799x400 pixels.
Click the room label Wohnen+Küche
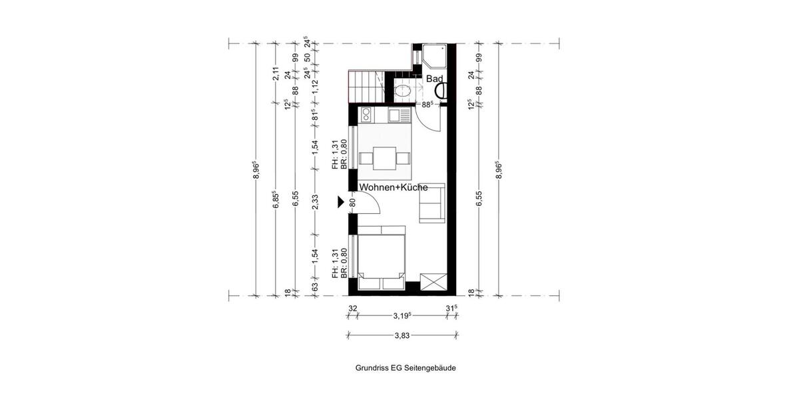[x=393, y=189]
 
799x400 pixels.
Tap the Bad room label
[x=435, y=79]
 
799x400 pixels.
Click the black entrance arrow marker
[x=342, y=202]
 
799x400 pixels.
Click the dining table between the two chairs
[x=383, y=158]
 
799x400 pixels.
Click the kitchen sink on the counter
[x=367, y=116]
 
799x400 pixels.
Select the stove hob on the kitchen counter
[x=398, y=116]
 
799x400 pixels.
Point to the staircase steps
[x=364, y=86]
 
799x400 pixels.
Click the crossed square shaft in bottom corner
[x=432, y=281]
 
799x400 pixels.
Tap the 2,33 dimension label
[x=316, y=202]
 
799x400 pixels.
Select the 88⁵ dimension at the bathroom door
[x=428, y=104]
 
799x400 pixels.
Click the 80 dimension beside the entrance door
[x=352, y=202]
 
